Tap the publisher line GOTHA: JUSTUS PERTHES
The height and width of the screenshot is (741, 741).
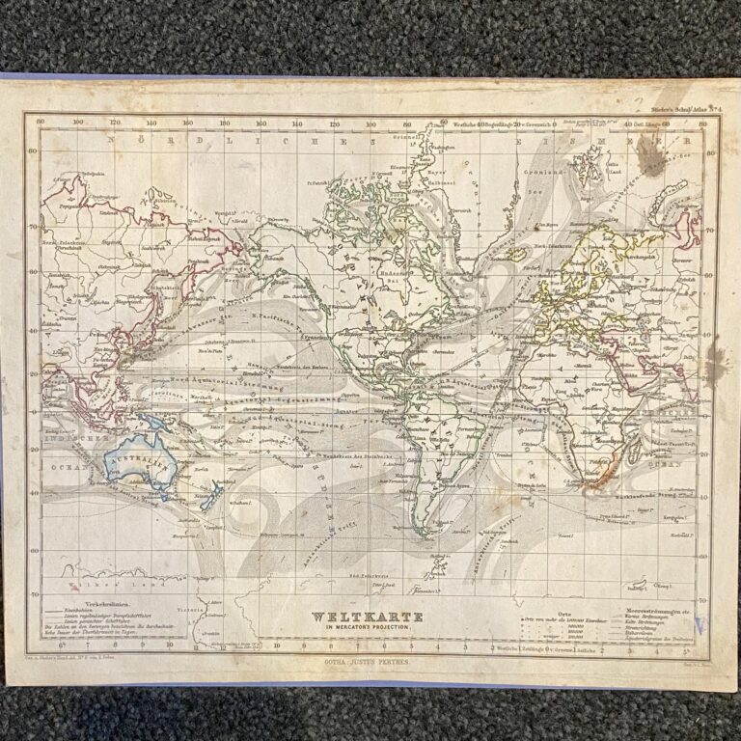[370, 665]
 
